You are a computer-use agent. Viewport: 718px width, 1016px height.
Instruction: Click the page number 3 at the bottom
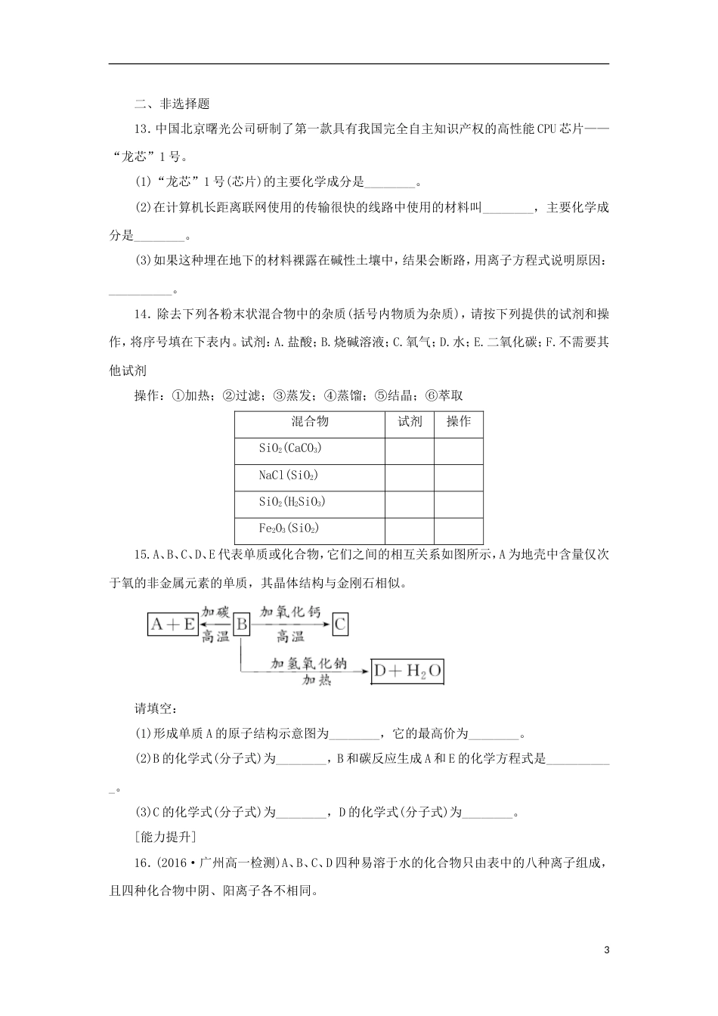[606, 949]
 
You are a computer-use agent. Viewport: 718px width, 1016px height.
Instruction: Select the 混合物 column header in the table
[310, 422]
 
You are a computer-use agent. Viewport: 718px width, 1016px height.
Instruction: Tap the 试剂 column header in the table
[409, 422]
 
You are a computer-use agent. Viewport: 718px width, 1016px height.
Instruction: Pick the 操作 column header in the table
[458, 422]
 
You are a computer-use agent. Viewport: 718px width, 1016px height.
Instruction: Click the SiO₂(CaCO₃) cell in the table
[290, 449]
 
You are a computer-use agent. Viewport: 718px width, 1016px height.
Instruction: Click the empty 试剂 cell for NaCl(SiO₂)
[409, 476]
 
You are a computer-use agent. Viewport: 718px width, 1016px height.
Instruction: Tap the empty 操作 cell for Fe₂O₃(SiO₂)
[458, 529]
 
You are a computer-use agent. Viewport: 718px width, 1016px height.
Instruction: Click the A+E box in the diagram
[172, 624]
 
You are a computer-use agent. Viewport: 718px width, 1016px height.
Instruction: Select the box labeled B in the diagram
[241, 624]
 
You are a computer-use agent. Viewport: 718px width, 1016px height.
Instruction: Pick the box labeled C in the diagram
[340, 624]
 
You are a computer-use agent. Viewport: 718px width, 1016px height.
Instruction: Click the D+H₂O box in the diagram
[407, 671]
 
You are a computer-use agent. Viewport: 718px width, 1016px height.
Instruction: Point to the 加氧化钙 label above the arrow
[290, 612]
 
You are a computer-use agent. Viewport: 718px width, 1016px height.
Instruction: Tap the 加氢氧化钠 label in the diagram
[309, 662]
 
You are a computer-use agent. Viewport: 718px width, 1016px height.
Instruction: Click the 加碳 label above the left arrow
[215, 612]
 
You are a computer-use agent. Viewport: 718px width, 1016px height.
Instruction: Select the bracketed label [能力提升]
[164, 836]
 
